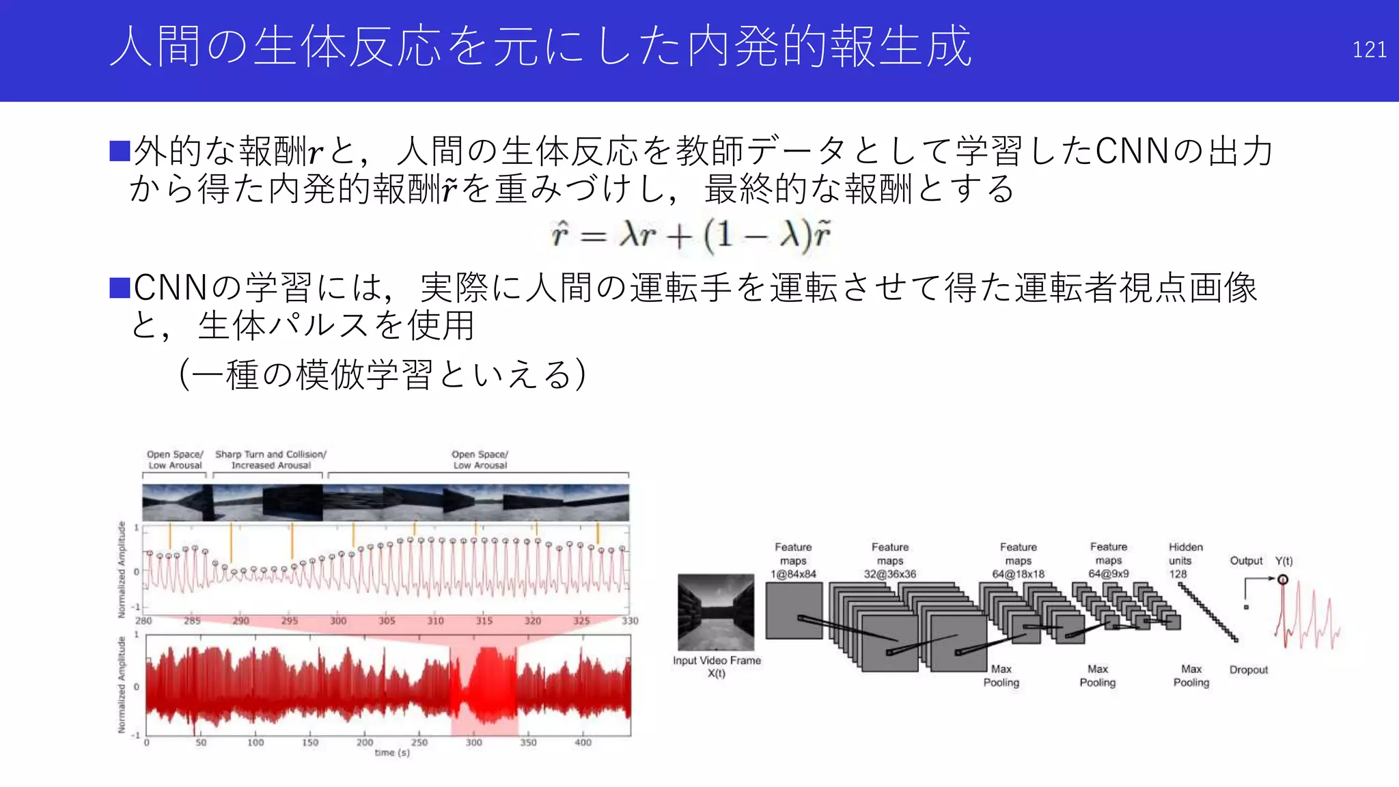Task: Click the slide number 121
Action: (1369, 50)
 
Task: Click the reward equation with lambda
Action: (691, 236)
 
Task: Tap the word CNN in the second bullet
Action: (171, 288)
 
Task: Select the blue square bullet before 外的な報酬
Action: (120, 151)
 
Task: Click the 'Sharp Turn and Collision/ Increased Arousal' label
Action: (271, 460)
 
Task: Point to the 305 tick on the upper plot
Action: (387, 621)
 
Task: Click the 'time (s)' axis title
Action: (392, 753)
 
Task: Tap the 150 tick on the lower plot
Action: (310, 743)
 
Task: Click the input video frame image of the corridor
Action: (716, 612)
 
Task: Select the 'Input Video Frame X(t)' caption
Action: (717, 667)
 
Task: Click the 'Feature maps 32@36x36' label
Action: (890, 561)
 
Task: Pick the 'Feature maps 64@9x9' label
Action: (1109, 561)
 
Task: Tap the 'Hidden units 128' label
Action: (1185, 561)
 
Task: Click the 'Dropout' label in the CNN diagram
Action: (1248, 670)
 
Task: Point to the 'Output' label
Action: (1246, 561)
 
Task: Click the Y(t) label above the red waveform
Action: (1284, 561)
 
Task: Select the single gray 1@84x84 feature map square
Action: (793, 611)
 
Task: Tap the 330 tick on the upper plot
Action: (629, 621)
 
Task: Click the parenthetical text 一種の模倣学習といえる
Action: (382, 374)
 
